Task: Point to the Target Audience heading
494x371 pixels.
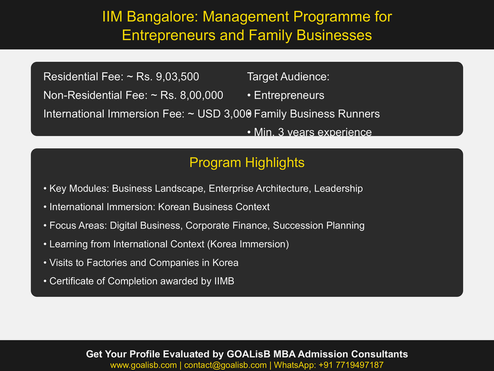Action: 288,77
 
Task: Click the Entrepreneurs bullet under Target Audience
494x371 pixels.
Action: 289,95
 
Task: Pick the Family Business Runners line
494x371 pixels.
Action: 317,114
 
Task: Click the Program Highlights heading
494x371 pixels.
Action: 247,163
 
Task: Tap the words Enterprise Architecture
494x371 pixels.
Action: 259,188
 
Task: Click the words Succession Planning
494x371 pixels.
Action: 319,226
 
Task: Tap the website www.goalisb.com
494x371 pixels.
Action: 143,365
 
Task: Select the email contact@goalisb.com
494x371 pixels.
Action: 225,365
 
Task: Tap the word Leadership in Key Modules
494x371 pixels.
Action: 338,188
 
